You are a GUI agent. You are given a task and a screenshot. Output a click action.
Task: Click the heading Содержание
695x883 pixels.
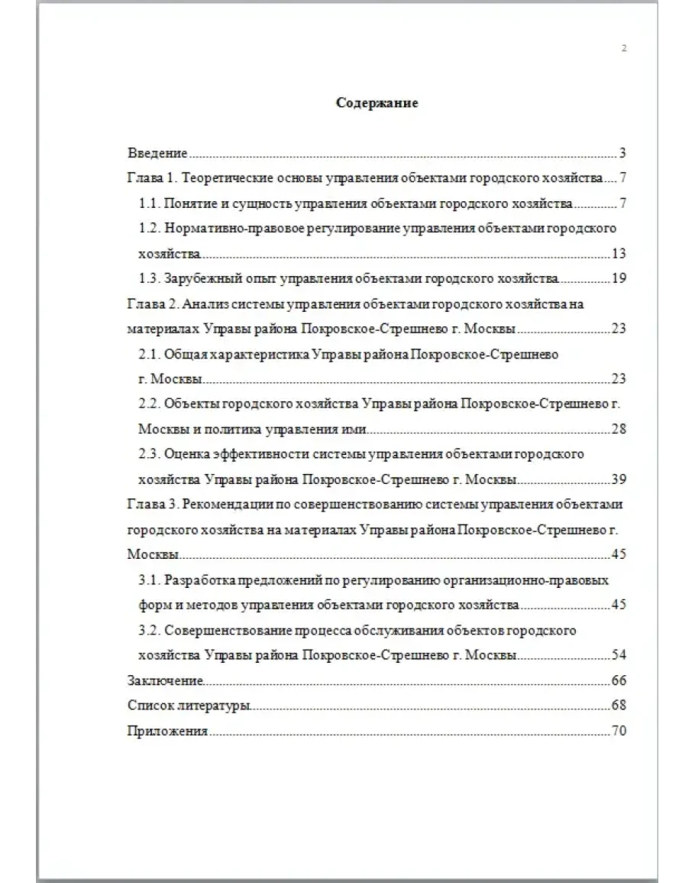pos(377,103)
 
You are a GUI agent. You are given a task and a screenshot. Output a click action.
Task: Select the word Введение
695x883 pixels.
pos(157,153)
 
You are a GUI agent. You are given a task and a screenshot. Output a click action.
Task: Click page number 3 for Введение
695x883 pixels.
pos(623,153)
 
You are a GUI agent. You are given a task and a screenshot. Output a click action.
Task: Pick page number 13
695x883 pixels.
pos(619,254)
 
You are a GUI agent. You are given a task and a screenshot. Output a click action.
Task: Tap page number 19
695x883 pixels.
pos(619,278)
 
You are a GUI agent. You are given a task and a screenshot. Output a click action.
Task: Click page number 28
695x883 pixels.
pos(619,429)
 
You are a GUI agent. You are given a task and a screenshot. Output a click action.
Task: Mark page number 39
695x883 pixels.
pos(619,479)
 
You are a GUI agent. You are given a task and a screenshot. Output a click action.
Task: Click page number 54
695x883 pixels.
pos(619,656)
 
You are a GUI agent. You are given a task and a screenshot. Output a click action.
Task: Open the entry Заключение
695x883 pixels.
pos(165,680)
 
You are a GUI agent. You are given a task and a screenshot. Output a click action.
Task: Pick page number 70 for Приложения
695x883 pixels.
pos(619,731)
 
